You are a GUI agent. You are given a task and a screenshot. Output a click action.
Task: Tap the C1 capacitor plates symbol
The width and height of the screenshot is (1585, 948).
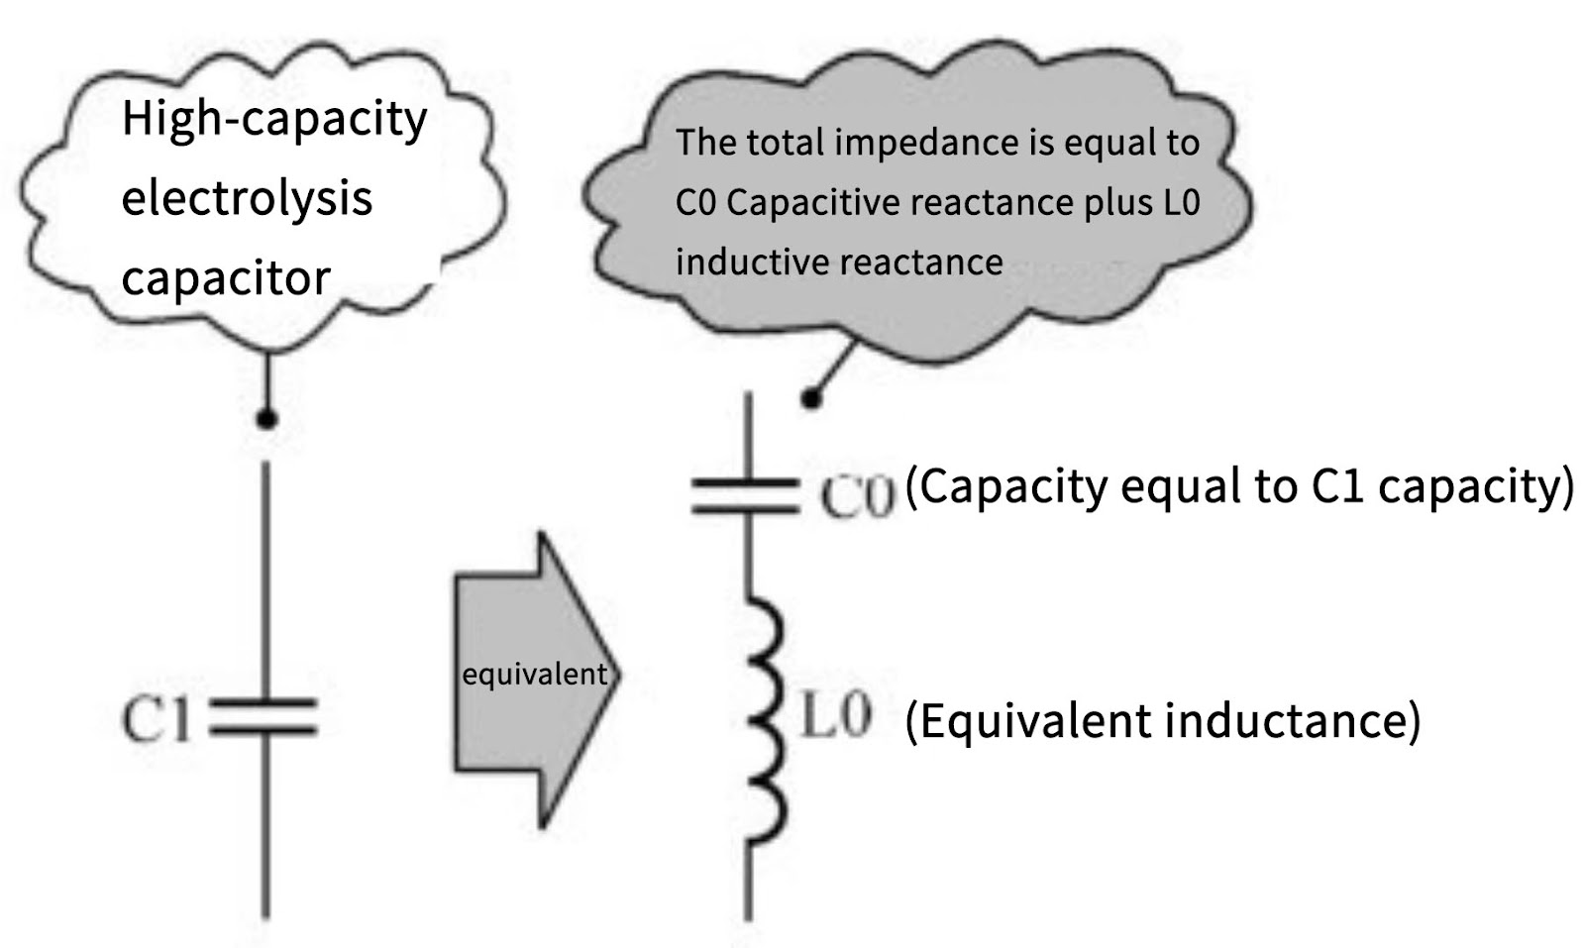point(264,718)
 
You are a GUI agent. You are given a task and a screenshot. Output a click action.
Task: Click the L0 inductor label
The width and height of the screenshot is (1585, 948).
point(835,716)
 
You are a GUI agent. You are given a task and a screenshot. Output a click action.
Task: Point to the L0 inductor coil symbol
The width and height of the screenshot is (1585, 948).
point(766,718)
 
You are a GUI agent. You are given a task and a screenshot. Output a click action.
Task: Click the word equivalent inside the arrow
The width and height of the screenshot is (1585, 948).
point(534,675)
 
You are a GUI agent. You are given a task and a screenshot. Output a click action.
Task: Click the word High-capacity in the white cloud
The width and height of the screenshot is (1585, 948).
point(274,120)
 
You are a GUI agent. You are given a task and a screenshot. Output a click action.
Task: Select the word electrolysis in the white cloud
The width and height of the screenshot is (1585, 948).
point(247,198)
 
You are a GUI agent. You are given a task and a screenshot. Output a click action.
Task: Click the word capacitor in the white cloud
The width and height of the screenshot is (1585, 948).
point(225,278)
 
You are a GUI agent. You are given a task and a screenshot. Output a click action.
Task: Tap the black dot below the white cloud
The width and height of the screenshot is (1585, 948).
point(265,419)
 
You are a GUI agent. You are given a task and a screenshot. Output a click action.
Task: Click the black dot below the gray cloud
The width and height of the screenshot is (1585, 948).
point(811,399)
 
